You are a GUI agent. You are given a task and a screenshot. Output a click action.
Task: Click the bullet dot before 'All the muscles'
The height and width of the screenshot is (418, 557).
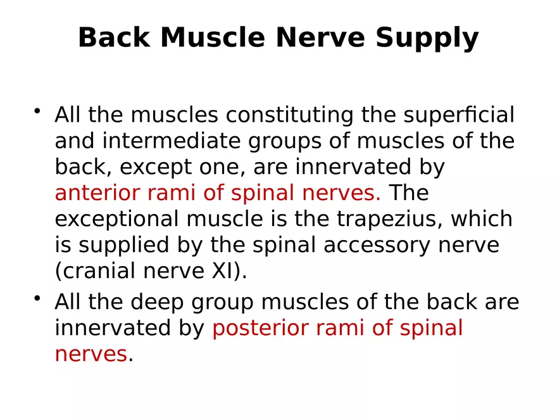[x=38, y=112]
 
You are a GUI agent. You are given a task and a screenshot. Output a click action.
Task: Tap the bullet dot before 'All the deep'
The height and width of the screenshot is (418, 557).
[x=38, y=299]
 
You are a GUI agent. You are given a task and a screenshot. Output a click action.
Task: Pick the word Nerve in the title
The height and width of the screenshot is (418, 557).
[x=320, y=38]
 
